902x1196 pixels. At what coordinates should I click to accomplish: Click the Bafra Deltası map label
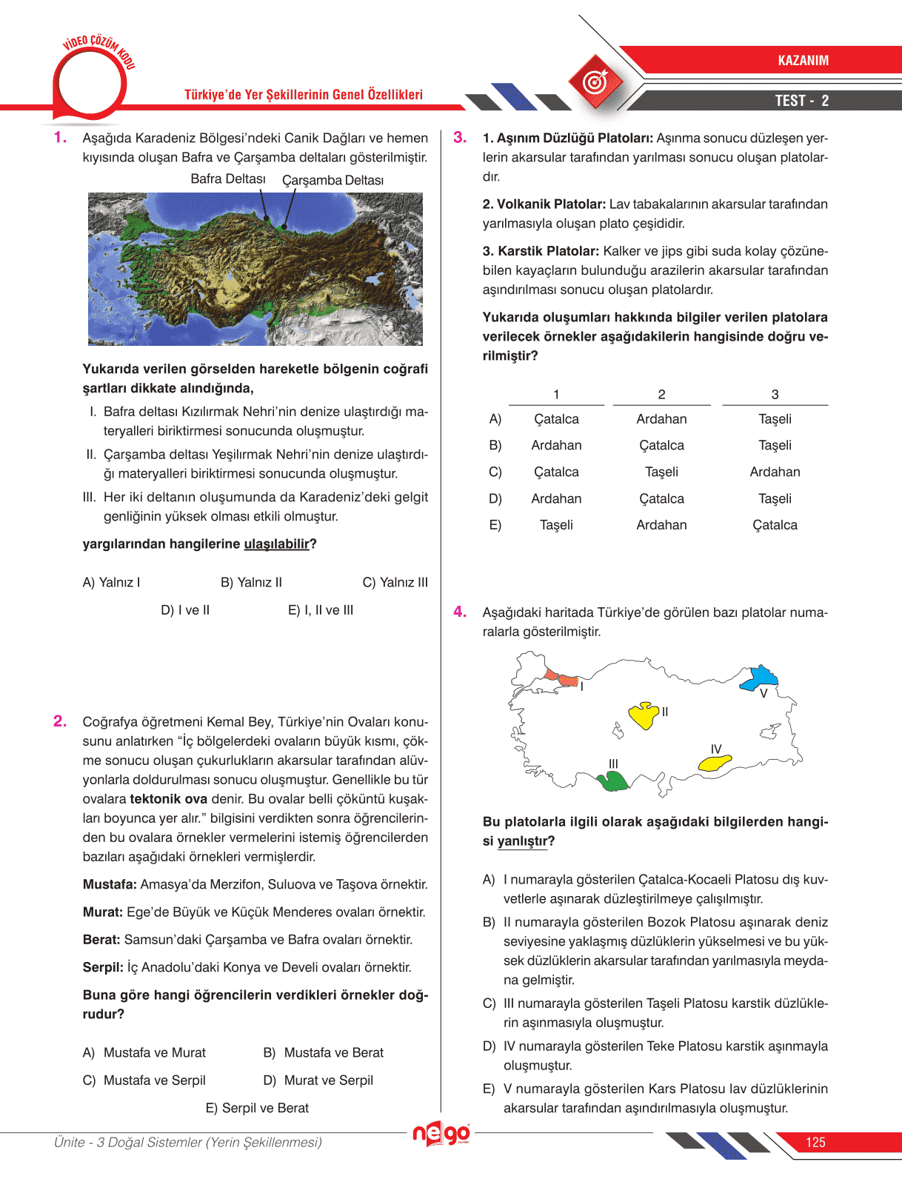point(227,179)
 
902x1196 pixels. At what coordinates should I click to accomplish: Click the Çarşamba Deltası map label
point(333,181)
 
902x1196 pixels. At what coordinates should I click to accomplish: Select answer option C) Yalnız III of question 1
point(395,583)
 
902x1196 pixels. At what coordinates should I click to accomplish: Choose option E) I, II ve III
point(320,610)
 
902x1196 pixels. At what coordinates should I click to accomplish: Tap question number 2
point(60,721)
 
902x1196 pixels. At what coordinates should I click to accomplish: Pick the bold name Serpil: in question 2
point(103,967)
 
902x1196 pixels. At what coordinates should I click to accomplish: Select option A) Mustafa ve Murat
point(144,1053)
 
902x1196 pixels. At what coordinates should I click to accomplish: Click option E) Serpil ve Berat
point(257,1109)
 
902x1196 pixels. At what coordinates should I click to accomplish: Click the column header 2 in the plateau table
point(661,395)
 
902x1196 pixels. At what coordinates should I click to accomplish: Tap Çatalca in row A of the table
point(556,419)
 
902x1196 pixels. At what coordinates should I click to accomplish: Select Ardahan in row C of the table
point(775,472)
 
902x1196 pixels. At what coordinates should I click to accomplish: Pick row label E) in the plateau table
point(495,525)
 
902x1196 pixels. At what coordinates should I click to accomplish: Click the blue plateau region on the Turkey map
point(763,677)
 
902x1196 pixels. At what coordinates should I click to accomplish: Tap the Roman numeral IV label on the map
point(715,749)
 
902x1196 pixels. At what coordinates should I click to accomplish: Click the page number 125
point(815,1143)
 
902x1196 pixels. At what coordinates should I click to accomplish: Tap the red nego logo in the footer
point(441,1134)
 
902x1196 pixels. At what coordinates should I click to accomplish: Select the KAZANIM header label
point(803,61)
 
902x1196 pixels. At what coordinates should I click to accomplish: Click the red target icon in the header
point(595,82)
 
